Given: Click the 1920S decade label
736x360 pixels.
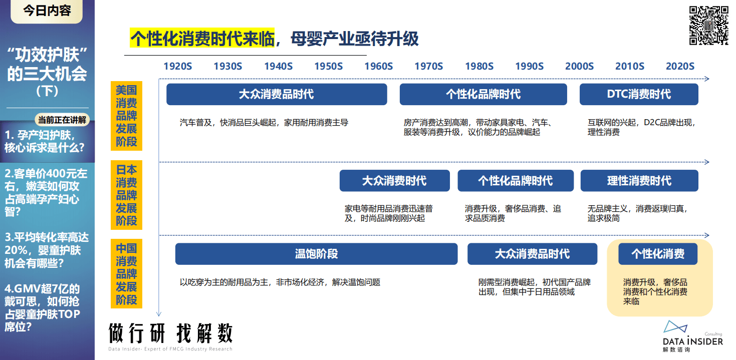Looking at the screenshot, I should (x=177, y=66).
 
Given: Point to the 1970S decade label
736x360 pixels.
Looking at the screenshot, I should (x=428, y=66).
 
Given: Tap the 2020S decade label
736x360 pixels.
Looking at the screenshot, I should (x=680, y=66).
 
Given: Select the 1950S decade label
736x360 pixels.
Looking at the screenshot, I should (x=328, y=66).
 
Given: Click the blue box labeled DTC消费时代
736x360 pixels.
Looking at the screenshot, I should (x=639, y=94).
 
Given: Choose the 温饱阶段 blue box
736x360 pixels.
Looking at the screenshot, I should (x=316, y=254).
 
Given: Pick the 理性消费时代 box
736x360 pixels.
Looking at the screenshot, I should (x=639, y=181).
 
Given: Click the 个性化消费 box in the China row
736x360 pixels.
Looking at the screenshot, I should (x=657, y=254).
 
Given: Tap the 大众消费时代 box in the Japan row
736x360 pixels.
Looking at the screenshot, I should (x=394, y=181).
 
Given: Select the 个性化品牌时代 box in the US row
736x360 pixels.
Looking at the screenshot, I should (x=483, y=94).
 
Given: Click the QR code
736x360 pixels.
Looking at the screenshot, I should (x=708, y=25).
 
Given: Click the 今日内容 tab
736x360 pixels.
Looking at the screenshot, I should (x=47, y=11).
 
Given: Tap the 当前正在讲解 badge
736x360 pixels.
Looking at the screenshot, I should (x=62, y=120).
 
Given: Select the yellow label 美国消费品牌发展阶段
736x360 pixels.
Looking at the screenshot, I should (x=126, y=116).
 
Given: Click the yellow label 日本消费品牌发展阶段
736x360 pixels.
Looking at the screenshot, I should (x=126, y=195).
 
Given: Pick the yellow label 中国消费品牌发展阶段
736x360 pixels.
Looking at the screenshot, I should (x=126, y=274).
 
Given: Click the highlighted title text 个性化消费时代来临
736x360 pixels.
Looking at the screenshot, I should (x=202, y=38).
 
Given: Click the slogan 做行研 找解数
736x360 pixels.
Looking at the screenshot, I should (x=170, y=332).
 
